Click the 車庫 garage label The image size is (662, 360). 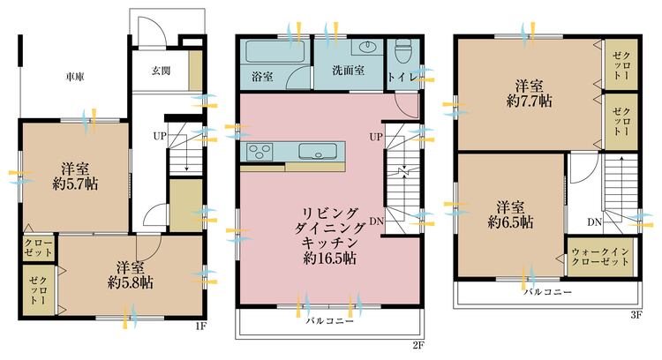pyautogui.click(x=74, y=78)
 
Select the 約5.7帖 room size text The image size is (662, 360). pyautogui.click(x=74, y=184)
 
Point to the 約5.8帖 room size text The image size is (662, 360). pyautogui.click(x=130, y=282)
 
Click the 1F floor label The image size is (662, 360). pyautogui.click(x=202, y=326)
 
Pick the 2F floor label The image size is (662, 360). pyautogui.click(x=418, y=344)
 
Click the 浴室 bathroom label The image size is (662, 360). pyautogui.click(x=262, y=78)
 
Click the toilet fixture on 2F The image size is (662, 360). pyautogui.click(x=402, y=52)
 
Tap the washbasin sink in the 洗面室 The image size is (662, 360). pyautogui.click(x=365, y=48)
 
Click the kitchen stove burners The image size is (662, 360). pyautogui.click(x=260, y=150)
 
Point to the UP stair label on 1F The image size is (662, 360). pyautogui.click(x=160, y=137)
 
